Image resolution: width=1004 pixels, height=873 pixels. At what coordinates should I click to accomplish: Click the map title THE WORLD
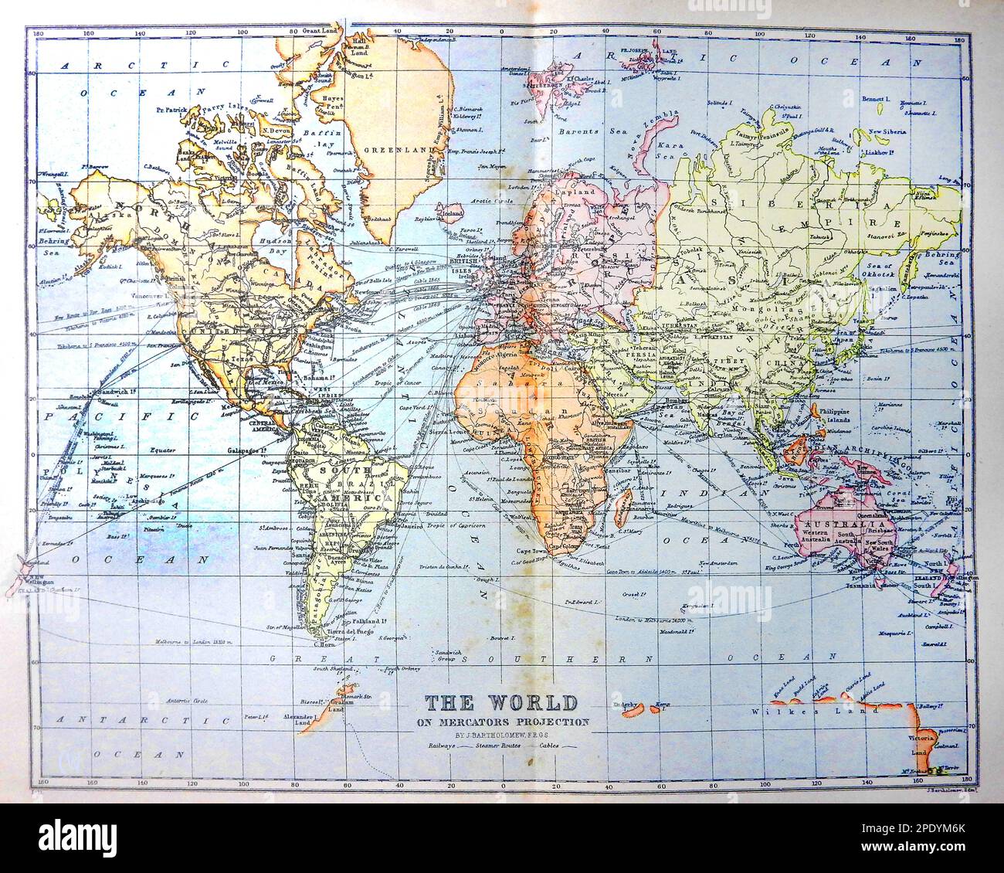[x=500, y=703]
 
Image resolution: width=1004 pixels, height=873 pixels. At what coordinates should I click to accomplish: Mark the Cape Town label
[x=532, y=551]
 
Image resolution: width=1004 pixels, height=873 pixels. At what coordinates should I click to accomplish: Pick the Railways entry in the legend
[x=437, y=746]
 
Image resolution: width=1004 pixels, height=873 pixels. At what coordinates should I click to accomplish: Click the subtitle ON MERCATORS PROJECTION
[x=500, y=722]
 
